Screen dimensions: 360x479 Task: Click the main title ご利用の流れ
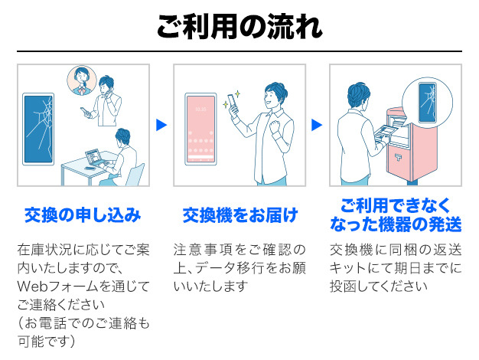(x=239, y=26)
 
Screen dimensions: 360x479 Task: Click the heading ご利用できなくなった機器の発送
(x=396, y=215)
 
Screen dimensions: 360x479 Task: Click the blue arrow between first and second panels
(x=161, y=124)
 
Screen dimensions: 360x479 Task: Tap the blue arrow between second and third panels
(x=317, y=124)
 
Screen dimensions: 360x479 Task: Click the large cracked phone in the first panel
(x=38, y=130)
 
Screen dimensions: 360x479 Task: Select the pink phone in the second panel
(x=200, y=128)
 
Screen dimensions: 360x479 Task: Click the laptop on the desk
(x=94, y=156)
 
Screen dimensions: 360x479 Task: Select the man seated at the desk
(x=121, y=153)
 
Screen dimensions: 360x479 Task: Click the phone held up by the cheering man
(x=233, y=102)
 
